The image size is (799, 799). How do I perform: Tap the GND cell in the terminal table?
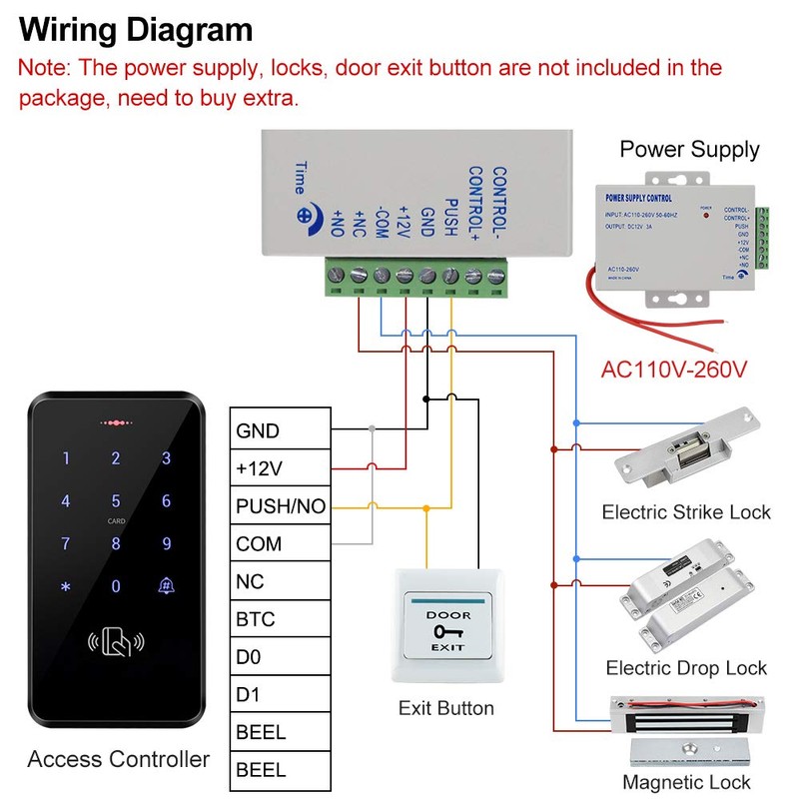[x=280, y=431]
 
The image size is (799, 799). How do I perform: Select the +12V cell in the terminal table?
[x=280, y=468]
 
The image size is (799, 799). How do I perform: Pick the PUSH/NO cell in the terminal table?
[x=280, y=506]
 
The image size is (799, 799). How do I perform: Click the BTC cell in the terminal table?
[x=280, y=619]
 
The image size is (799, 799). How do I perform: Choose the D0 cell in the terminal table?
[x=280, y=656]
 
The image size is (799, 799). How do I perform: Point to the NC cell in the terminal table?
[x=280, y=581]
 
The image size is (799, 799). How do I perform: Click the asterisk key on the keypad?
[x=66, y=587]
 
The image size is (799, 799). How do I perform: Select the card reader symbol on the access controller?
[x=116, y=644]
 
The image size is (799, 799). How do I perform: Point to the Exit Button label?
[x=445, y=708]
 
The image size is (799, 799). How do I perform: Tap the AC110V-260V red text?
[x=673, y=370]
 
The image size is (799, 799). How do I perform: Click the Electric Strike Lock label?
[x=686, y=512]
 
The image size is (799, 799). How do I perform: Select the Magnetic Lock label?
[x=686, y=782]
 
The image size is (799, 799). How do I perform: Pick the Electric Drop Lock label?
[x=686, y=668]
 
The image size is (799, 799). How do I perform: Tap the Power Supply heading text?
[x=689, y=150]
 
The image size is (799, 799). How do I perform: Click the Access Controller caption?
[x=119, y=759]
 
